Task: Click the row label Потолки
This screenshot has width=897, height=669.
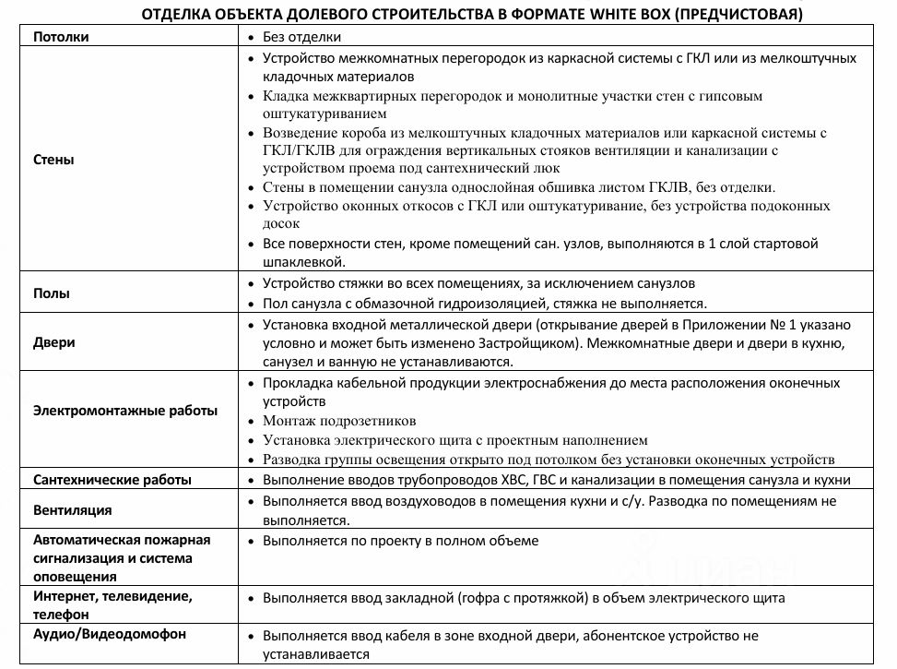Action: click(63, 37)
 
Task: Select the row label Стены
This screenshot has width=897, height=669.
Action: click(53, 160)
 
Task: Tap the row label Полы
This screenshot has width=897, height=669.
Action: click(52, 293)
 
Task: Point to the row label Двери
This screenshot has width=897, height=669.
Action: click(54, 342)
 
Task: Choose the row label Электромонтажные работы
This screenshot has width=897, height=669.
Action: click(125, 411)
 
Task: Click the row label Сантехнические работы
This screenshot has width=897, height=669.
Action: click(112, 480)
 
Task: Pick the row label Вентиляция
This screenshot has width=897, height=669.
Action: click(73, 509)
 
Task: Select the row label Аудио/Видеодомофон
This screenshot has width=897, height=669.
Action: click(109, 634)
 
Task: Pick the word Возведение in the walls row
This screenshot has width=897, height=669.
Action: click(301, 133)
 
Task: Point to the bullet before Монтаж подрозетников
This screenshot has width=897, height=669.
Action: click(252, 422)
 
